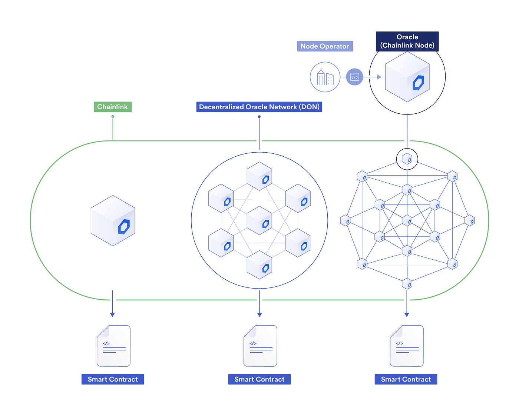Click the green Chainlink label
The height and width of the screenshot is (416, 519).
112,107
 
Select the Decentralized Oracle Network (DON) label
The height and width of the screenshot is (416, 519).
259,107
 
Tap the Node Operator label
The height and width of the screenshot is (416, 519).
325,46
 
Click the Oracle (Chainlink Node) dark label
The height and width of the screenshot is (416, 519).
407,41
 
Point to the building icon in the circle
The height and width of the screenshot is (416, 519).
325,77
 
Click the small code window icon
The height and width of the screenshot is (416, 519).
354,77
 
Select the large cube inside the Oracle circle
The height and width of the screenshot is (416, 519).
407,77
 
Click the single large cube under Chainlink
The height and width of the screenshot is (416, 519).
113,221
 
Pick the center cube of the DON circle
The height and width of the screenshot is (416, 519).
259,221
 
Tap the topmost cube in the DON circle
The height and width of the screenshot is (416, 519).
259,176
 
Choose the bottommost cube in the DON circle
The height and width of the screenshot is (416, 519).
259,265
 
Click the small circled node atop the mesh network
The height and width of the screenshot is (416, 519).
407,159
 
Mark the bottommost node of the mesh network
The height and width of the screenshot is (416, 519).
407,284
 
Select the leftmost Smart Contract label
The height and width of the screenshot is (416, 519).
113,379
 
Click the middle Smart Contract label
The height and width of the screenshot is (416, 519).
259,379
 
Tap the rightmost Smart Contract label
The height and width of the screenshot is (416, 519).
406,379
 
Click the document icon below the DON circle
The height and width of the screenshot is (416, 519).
260,346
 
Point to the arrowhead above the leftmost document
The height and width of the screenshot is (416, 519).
112,315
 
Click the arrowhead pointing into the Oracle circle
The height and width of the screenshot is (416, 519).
379,77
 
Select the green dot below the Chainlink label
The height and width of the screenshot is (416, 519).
113,116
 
